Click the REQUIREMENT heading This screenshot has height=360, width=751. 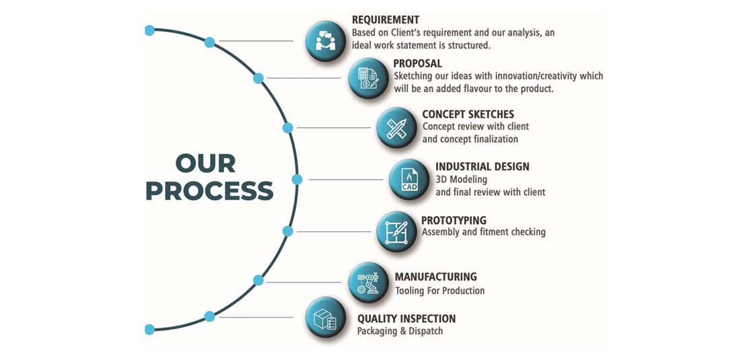point(386,20)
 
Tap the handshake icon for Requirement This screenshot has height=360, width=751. point(326,40)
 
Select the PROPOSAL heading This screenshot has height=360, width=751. point(418,63)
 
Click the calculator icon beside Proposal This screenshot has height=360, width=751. point(368,77)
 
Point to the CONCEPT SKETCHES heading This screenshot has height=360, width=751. point(468,114)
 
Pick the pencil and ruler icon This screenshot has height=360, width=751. point(396,128)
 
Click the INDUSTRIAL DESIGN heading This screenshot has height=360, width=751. point(482,167)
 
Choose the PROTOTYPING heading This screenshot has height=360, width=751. point(454,220)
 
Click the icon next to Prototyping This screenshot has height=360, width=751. point(396,231)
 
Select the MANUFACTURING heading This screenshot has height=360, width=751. point(436,277)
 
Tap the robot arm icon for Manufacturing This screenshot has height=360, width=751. point(368,283)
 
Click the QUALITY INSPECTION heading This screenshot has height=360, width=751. point(406,318)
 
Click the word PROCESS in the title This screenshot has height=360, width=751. point(210,191)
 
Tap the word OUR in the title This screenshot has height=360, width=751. point(205,164)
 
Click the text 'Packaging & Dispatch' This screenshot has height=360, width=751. point(400,331)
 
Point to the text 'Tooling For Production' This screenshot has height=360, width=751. point(439,291)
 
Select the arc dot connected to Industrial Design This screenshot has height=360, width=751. point(297,180)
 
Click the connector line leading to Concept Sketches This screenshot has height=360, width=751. point(334,128)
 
